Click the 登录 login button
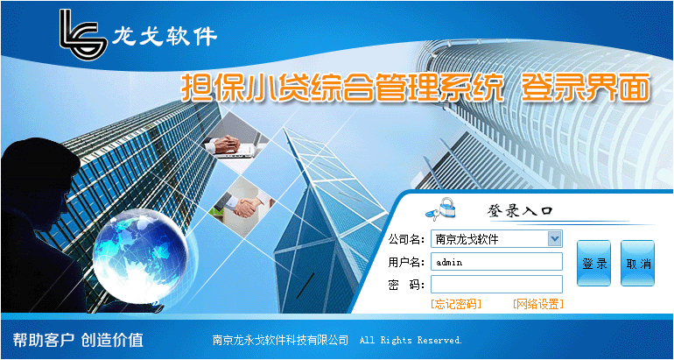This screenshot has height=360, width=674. pos(593,264)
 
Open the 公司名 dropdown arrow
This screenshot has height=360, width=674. pos(554,238)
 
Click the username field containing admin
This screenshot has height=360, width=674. pos(496,262)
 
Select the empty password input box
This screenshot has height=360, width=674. pos(496,284)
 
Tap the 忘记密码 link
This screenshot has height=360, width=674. pos(456,304)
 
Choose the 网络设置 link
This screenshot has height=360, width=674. pos(537,304)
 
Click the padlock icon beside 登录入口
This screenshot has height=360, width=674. pos(441,208)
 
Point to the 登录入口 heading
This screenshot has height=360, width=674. pos(519,210)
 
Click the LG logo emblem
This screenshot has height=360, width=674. pos(83,34)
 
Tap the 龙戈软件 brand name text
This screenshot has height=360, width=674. pos(165,37)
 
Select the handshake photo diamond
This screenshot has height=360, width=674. pos(242,207)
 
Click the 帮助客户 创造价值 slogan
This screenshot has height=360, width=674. pos(78,340)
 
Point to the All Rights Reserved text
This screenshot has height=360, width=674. pos(411,340)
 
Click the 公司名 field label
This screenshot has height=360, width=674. pos(406,239)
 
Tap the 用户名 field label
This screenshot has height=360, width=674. pos(406,262)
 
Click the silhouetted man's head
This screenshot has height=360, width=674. pos(40,172)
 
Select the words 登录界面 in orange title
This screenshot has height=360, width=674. pos(585,88)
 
